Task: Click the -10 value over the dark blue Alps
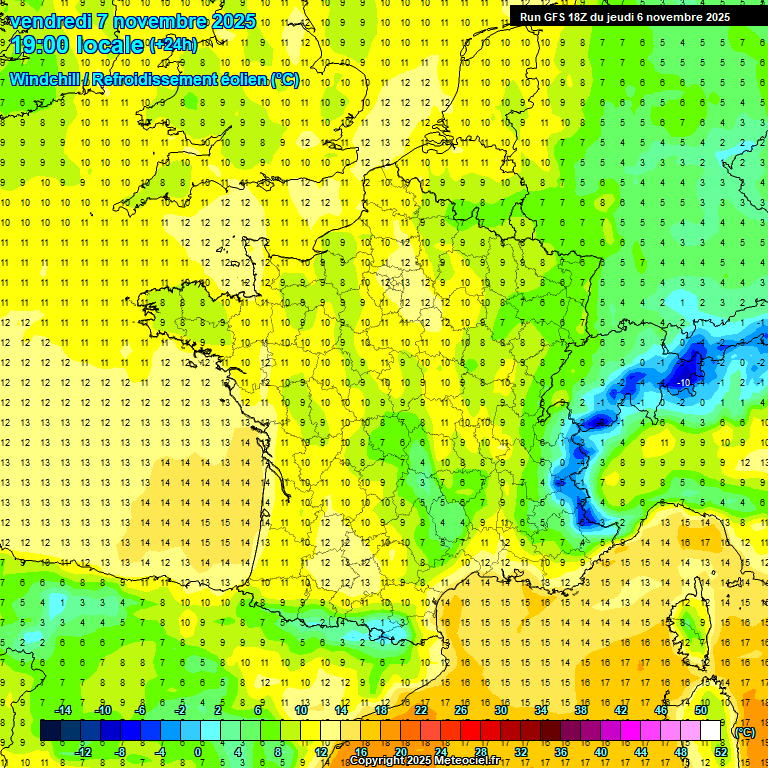[684, 383]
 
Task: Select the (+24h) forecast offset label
[174, 45]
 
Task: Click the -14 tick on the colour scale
[64, 710]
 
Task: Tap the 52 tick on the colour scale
[720, 751]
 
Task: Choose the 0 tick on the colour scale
[198, 751]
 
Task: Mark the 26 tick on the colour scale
[461, 710]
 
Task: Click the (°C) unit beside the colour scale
[744, 731]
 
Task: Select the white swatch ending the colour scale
[711, 731]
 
